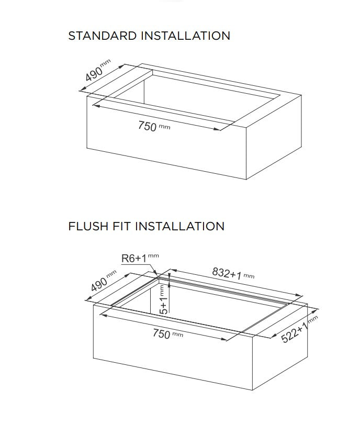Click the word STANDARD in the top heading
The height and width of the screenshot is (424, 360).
tap(102, 36)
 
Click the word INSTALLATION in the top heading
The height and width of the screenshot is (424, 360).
tap(185, 36)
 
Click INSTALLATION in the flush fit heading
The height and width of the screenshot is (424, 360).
tap(179, 226)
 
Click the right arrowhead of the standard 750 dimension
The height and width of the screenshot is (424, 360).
tap(217, 129)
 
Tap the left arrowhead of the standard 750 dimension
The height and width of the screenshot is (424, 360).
tap(96, 106)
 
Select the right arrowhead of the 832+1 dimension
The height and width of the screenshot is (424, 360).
tap(299, 295)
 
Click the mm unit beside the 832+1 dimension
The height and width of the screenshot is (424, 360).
tap(249, 276)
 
